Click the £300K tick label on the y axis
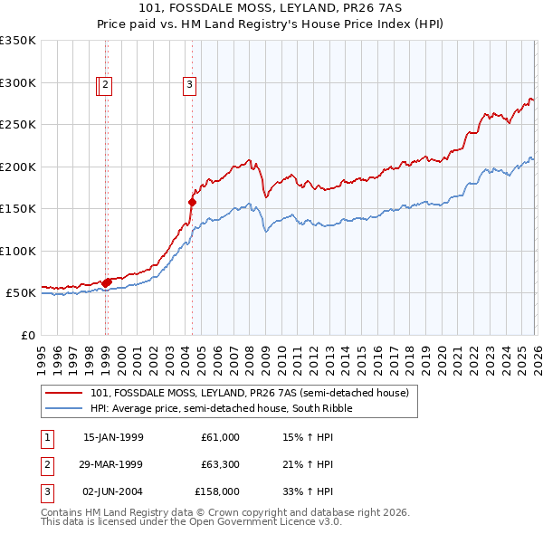18,82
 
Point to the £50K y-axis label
21,293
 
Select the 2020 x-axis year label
440,354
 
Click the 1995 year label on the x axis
42,354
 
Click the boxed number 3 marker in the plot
190,86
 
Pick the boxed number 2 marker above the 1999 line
106,86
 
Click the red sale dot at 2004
192,202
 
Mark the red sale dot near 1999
107,282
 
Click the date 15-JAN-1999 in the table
113,437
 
